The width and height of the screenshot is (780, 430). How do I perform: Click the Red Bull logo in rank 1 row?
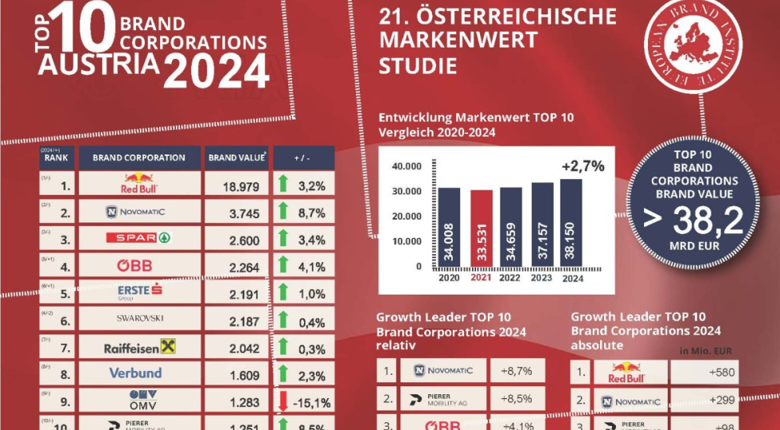pos(140,183)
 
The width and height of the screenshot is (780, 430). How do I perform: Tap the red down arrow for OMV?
pos(282,400)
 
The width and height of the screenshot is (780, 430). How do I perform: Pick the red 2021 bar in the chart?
pos(482,230)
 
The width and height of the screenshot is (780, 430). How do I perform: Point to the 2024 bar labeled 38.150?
pos(571,226)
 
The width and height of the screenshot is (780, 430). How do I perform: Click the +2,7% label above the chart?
pos(582,166)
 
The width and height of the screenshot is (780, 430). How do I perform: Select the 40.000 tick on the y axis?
pos(406,167)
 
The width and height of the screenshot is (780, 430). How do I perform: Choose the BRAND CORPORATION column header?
pos(139,158)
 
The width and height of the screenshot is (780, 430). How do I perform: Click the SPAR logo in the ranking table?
pos(139,237)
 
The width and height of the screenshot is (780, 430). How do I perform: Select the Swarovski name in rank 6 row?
pos(139,319)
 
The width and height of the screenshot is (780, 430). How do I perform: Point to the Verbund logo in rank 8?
pos(135,373)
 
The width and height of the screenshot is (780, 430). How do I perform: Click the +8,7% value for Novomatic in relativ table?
pos(517,370)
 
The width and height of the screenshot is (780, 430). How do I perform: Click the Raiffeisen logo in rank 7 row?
pos(139,346)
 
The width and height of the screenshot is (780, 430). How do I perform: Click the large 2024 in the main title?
pos(216,72)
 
